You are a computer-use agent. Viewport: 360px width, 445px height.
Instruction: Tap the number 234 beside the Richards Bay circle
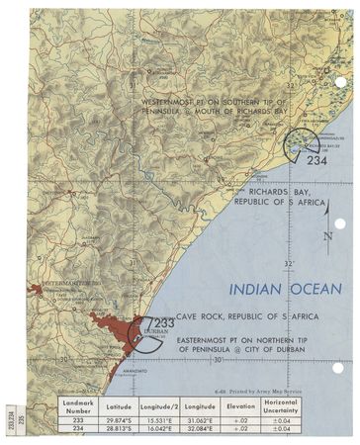(x=316, y=160)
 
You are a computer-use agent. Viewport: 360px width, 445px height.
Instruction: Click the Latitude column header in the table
(x=118, y=405)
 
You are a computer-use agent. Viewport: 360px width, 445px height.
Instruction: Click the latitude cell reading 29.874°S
(x=118, y=418)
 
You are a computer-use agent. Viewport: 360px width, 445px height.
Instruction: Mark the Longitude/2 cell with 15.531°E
(x=157, y=418)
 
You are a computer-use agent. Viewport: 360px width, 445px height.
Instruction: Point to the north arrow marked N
(x=327, y=235)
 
